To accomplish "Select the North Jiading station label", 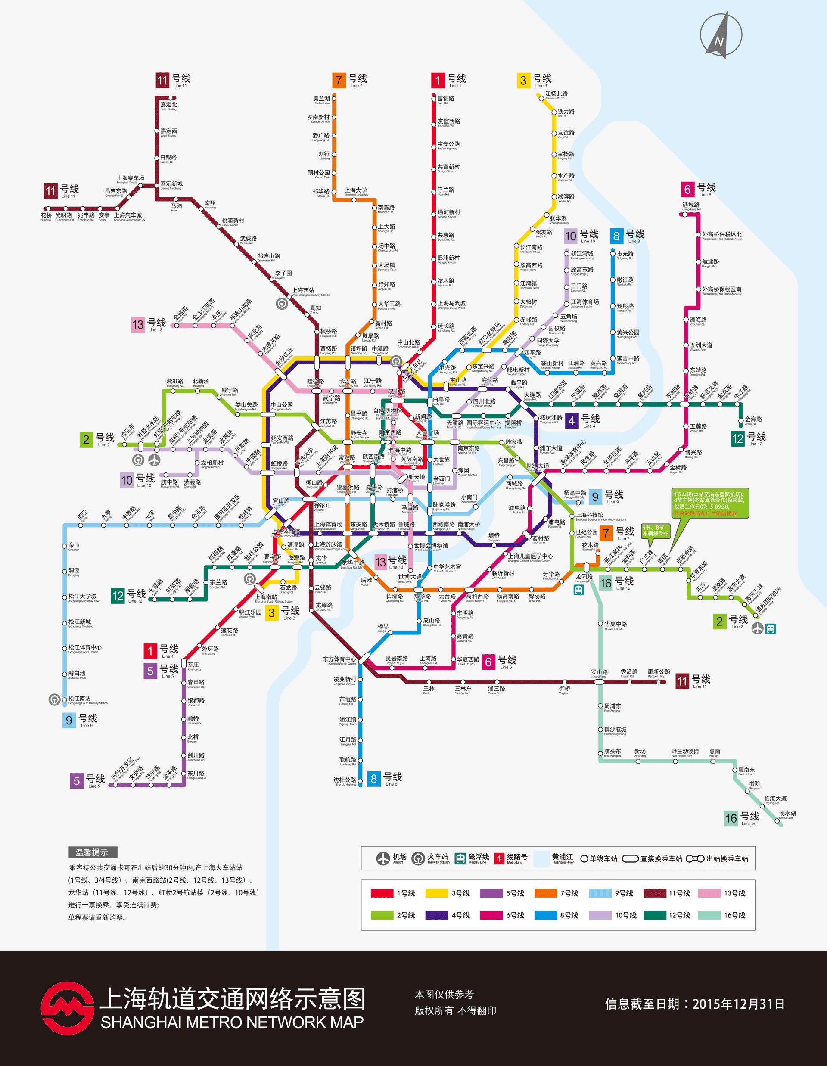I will click(x=168, y=106).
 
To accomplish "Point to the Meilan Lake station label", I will click(x=322, y=100).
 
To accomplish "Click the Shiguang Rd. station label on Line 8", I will click(x=625, y=255).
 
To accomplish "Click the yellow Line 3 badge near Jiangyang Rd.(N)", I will click(x=523, y=80).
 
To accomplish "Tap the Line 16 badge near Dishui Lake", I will click(x=731, y=818).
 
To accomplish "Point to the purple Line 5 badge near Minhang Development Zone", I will click(x=77, y=781).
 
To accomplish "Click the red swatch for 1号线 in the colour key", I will click(x=382, y=893).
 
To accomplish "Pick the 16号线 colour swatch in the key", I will click(x=709, y=915).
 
